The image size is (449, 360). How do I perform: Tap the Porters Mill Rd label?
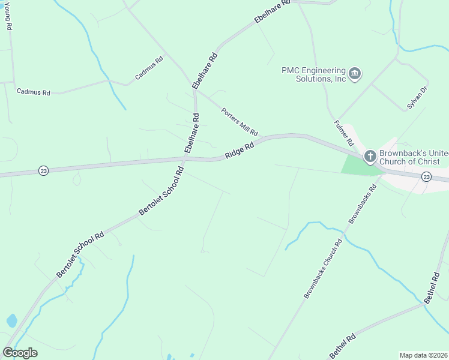239,122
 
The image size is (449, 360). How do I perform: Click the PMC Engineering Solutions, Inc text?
314,74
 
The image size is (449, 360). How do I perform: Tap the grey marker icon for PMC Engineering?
355,74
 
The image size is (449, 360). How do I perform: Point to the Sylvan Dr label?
417,98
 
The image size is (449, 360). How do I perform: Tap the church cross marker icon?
370,157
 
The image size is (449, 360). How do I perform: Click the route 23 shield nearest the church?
426,176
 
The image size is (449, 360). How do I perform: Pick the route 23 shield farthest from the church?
43,171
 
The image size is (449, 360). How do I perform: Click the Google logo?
20,353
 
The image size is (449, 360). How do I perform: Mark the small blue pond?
12,320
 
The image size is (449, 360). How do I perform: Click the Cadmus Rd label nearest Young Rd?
34,92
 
